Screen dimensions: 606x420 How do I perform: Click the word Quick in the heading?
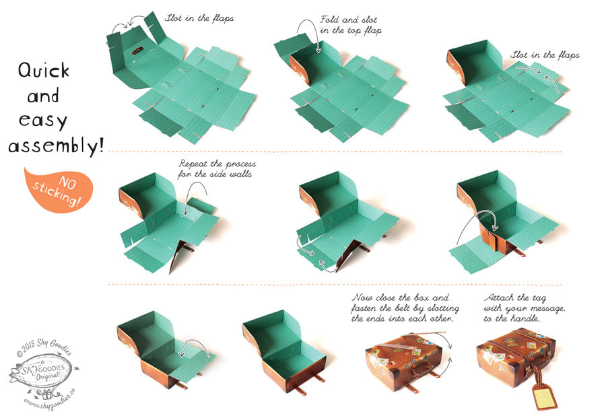tap(44, 70)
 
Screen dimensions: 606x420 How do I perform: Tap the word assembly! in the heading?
tap(56, 147)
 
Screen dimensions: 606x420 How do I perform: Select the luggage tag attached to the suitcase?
tap(545, 397)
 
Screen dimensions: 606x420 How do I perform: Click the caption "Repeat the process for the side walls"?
tap(217, 169)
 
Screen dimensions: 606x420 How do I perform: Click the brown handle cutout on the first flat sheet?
tap(137, 50)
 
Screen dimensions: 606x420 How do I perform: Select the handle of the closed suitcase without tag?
tap(424, 370)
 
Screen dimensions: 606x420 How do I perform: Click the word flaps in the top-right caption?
tap(568, 55)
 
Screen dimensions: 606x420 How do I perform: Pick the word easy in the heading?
tap(43, 120)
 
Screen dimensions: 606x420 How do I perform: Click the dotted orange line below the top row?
tap(335, 151)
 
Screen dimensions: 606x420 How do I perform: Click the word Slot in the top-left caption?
tap(174, 17)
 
